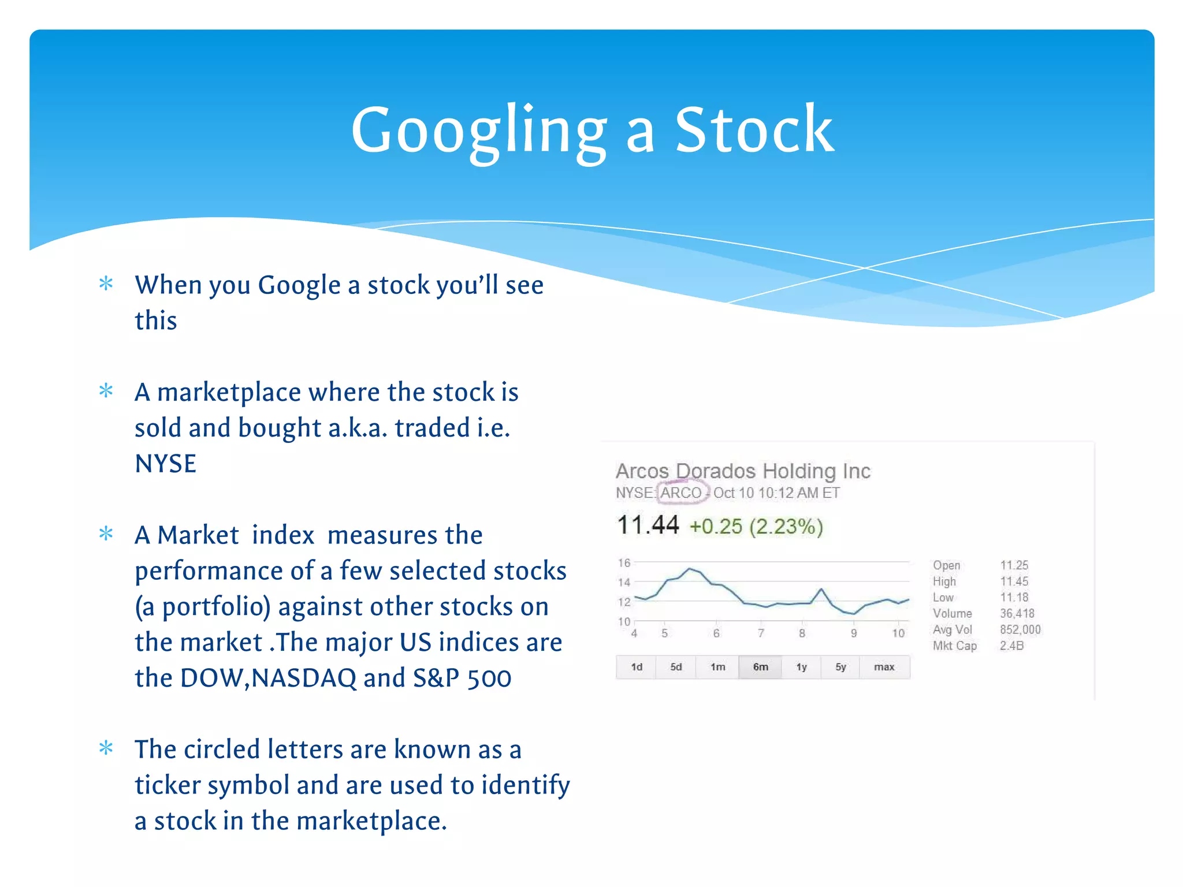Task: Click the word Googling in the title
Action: coord(479,132)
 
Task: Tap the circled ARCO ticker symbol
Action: coord(681,493)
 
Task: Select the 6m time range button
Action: coord(760,667)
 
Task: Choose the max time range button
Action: coord(884,667)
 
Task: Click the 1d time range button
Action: coord(637,667)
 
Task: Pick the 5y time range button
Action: coord(840,667)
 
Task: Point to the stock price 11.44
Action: coord(648,526)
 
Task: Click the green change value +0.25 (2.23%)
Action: coord(756,527)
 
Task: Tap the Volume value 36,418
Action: coord(1017,613)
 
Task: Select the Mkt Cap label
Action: coord(954,646)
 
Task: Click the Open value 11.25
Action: coord(1014,565)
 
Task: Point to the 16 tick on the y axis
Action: coord(624,562)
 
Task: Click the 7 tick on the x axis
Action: coord(761,633)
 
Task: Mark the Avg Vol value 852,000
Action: coord(1020,629)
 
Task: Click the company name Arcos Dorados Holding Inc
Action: coord(743,471)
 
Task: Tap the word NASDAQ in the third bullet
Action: coord(304,678)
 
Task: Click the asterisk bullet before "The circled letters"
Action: coord(106,748)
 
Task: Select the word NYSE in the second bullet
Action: coord(165,464)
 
